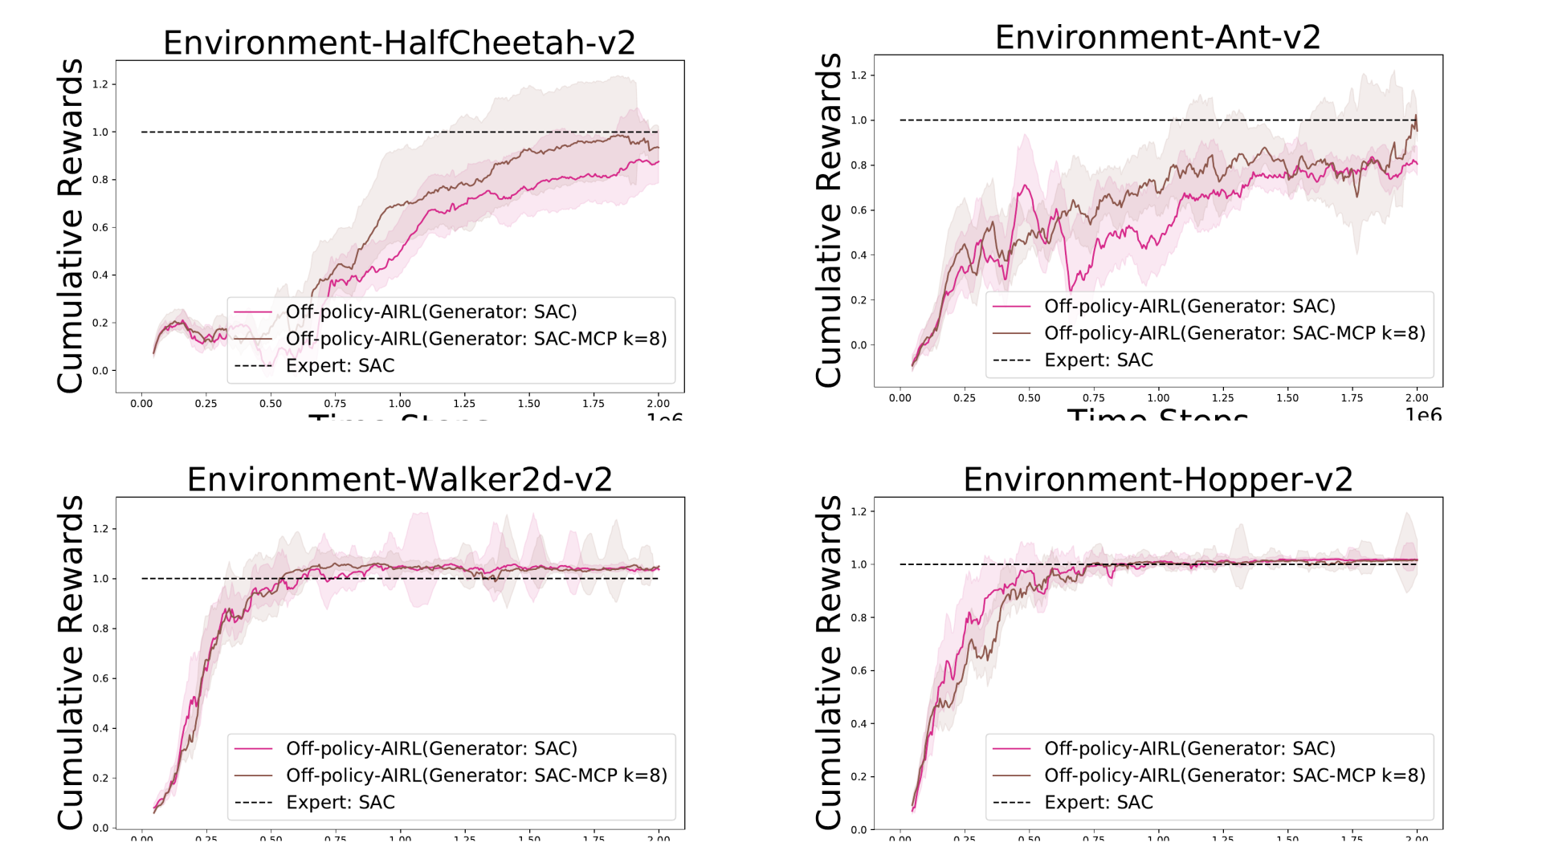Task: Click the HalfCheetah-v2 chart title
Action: coord(399,43)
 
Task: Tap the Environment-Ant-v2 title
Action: coord(1157,37)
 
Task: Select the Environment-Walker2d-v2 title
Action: coord(399,479)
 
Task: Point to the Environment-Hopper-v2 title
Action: coord(1157,479)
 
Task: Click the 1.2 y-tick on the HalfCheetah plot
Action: coord(100,84)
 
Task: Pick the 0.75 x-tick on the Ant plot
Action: coord(1093,398)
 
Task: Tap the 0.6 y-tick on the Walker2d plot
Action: coord(100,678)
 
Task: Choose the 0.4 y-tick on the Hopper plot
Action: coord(859,723)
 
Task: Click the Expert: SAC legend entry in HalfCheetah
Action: coord(340,366)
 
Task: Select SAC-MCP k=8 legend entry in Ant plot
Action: coord(1234,333)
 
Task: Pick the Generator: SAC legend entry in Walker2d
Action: coord(431,748)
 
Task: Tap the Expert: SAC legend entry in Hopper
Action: coord(1098,802)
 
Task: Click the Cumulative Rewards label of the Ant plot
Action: coord(829,221)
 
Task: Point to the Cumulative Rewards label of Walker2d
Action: coord(71,662)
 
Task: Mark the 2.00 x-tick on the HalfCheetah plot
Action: coord(658,404)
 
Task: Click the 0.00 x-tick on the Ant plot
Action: coord(899,398)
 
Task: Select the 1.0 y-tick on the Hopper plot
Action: coord(859,564)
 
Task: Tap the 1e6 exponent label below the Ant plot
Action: coord(1423,414)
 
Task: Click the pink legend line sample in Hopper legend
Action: coord(1011,748)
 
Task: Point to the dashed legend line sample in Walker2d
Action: coord(253,802)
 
